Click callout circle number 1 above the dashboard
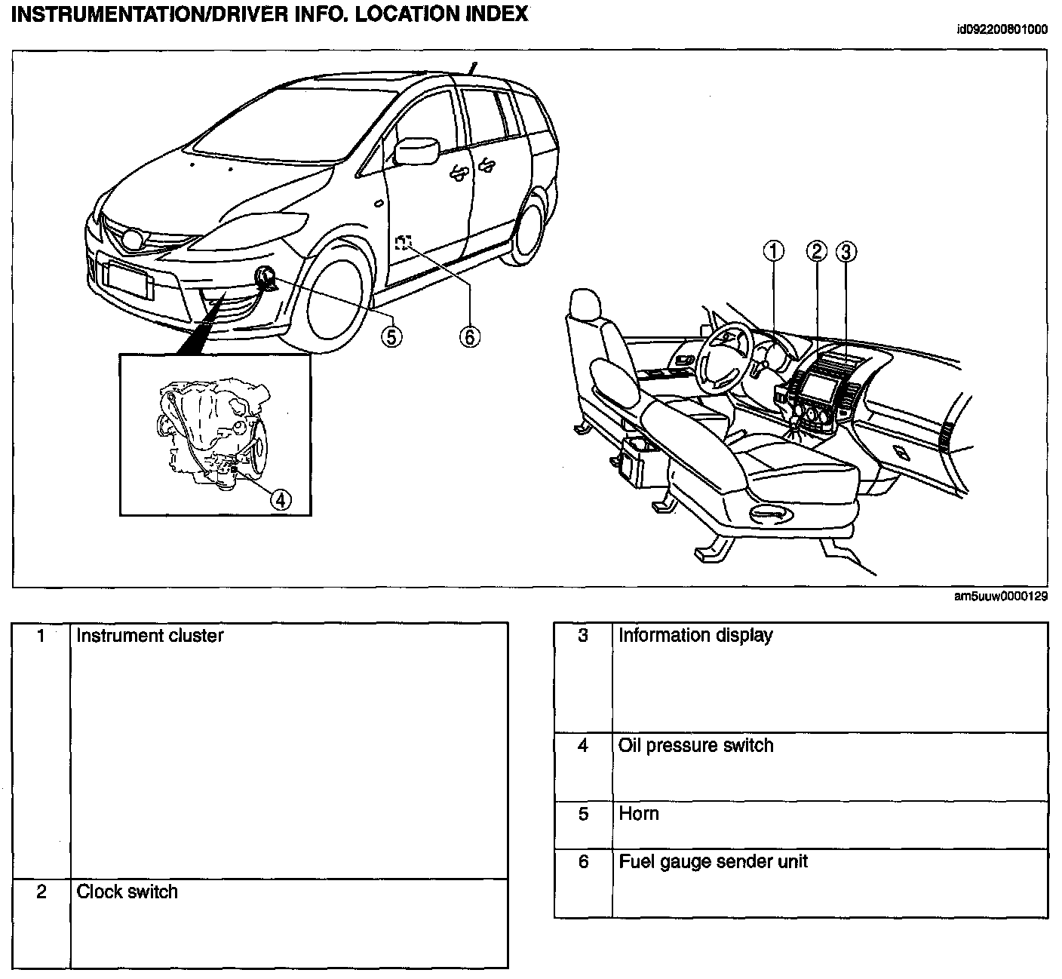(x=774, y=251)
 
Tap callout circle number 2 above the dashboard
(x=817, y=251)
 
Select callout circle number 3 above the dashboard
(x=846, y=251)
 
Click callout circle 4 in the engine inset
(x=280, y=499)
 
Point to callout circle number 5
(x=391, y=336)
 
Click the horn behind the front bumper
(x=265, y=279)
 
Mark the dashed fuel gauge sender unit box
(x=404, y=242)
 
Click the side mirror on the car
(x=416, y=149)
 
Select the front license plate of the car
(x=127, y=278)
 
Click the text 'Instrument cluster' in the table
(x=150, y=635)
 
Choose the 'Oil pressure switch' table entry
(x=695, y=745)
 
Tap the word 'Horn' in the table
(x=639, y=813)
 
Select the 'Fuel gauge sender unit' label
(x=713, y=861)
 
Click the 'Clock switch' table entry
(x=127, y=892)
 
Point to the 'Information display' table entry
(x=695, y=635)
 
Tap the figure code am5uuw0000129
(x=1001, y=597)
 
